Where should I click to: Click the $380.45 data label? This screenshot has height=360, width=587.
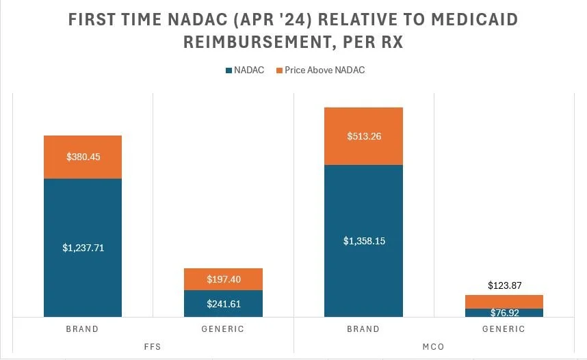[83, 157]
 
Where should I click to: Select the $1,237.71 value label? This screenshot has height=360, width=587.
[83, 248]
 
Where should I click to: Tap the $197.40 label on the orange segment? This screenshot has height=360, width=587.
[223, 279]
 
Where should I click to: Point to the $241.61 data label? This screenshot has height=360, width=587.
[223, 304]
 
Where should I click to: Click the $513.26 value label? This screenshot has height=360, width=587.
[363, 136]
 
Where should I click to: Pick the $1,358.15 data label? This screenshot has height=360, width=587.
[363, 241]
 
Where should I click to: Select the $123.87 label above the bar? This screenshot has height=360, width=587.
[504, 285]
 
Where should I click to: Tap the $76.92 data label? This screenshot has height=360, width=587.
[504, 313]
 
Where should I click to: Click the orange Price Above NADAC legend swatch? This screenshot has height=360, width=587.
[278, 70]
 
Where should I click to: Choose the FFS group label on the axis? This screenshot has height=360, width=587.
[153, 346]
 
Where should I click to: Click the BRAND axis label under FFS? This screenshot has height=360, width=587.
[82, 329]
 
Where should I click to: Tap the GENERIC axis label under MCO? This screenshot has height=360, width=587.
[504, 329]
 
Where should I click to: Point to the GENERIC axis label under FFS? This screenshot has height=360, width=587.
[223, 329]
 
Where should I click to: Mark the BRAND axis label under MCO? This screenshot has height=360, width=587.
[363, 329]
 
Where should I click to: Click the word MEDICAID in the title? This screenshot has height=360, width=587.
[470, 20]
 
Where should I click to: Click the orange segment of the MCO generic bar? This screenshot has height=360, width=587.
[504, 301]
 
